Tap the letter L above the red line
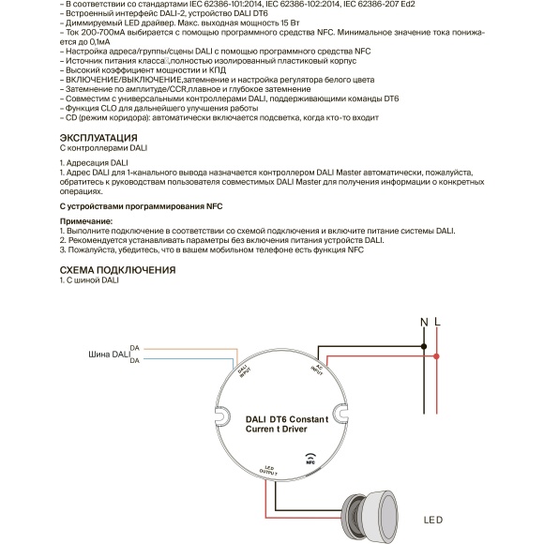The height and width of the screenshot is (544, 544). (x=437, y=323)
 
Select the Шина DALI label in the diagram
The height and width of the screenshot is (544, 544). (x=107, y=355)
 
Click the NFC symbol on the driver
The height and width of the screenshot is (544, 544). (x=310, y=459)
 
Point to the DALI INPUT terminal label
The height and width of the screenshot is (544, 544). (x=244, y=372)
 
